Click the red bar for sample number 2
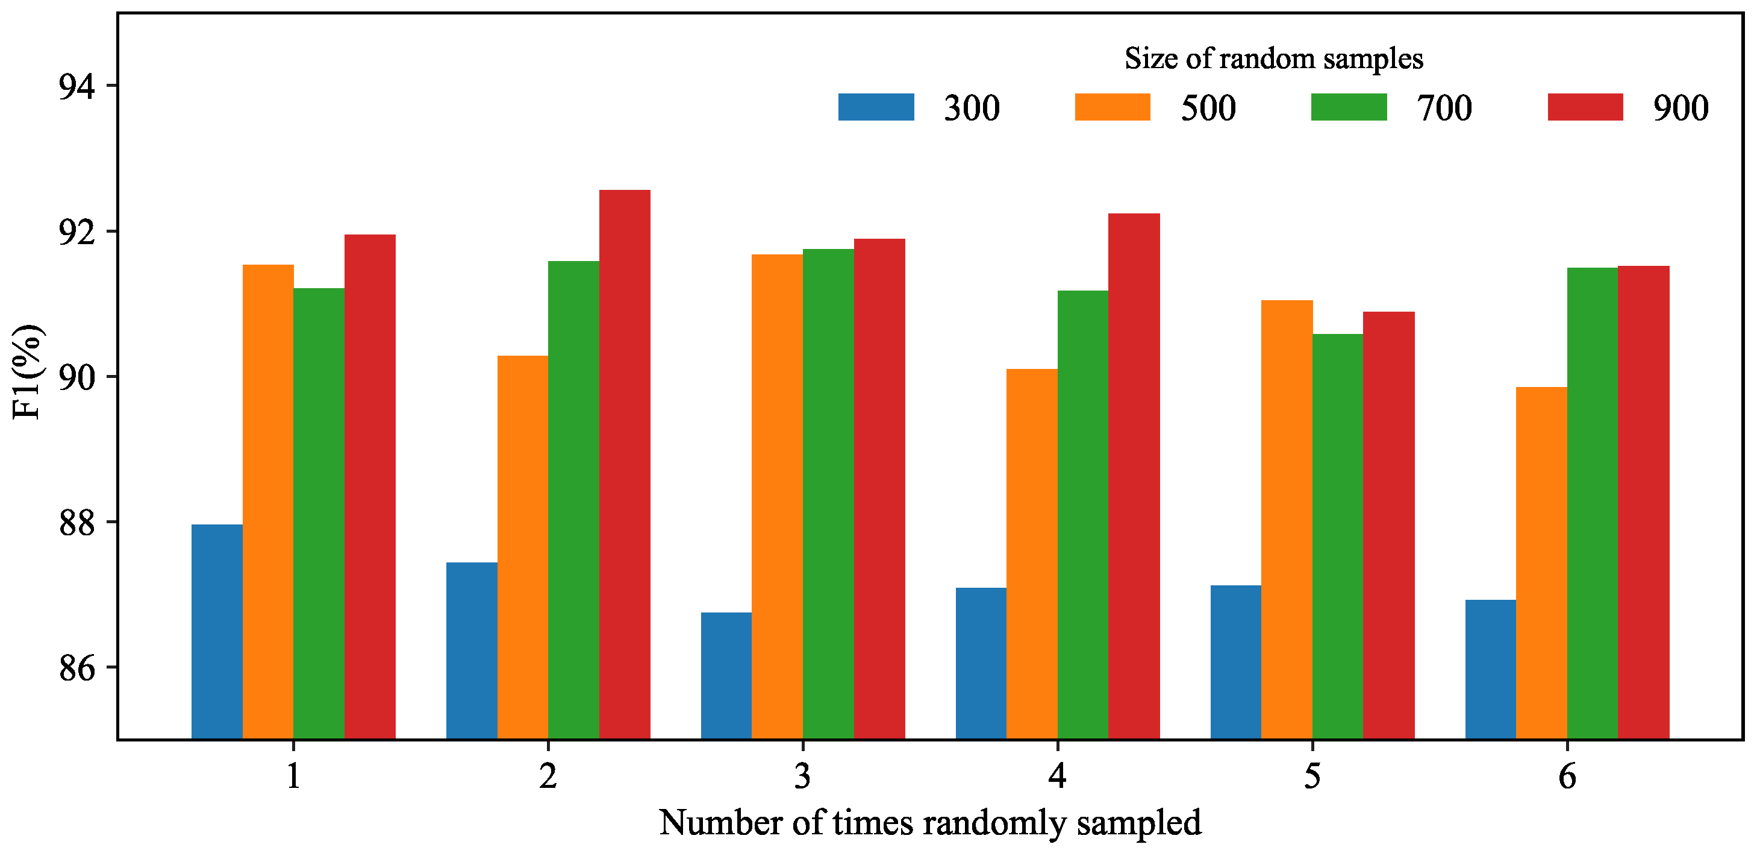[x=624, y=464]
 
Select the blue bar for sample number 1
[x=217, y=631]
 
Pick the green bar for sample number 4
[x=1082, y=515]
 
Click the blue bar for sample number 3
[x=726, y=676]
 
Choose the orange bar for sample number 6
[x=1541, y=562]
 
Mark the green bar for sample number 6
[x=1592, y=503]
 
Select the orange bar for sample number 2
[x=522, y=547]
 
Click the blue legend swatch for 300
[x=876, y=107]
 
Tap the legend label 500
[x=1208, y=108]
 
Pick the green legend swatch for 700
[x=1349, y=107]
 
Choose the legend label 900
[x=1680, y=108]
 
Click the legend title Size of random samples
[x=1273, y=58]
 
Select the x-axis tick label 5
[x=1312, y=776]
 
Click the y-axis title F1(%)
[x=29, y=372]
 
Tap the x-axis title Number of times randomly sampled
[x=929, y=823]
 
